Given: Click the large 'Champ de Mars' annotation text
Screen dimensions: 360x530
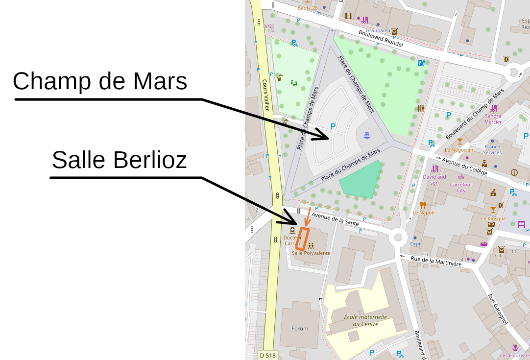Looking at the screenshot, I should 100,81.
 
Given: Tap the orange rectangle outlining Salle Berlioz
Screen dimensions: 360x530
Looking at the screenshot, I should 304,239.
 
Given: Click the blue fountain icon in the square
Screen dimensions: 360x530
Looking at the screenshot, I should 366,135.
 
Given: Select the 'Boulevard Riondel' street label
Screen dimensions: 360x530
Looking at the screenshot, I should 381,38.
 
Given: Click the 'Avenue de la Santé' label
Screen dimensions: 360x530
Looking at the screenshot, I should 332,219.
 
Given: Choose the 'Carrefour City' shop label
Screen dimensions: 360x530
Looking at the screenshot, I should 461,188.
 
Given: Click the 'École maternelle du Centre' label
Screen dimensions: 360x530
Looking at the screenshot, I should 365,320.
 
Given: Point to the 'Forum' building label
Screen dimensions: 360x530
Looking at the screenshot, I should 300,329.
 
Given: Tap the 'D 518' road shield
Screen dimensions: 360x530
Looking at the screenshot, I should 267,355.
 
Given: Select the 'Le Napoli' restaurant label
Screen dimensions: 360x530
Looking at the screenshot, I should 423,213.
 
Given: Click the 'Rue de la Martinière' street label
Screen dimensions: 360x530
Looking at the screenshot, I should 435,261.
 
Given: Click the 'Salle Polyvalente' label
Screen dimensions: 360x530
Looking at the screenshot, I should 311,253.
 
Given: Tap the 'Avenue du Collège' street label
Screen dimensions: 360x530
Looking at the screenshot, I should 464,167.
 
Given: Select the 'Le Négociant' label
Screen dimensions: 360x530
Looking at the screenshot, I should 459,150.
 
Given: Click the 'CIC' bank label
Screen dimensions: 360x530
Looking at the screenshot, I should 499,255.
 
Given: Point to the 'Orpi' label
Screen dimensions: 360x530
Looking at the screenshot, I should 415,243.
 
